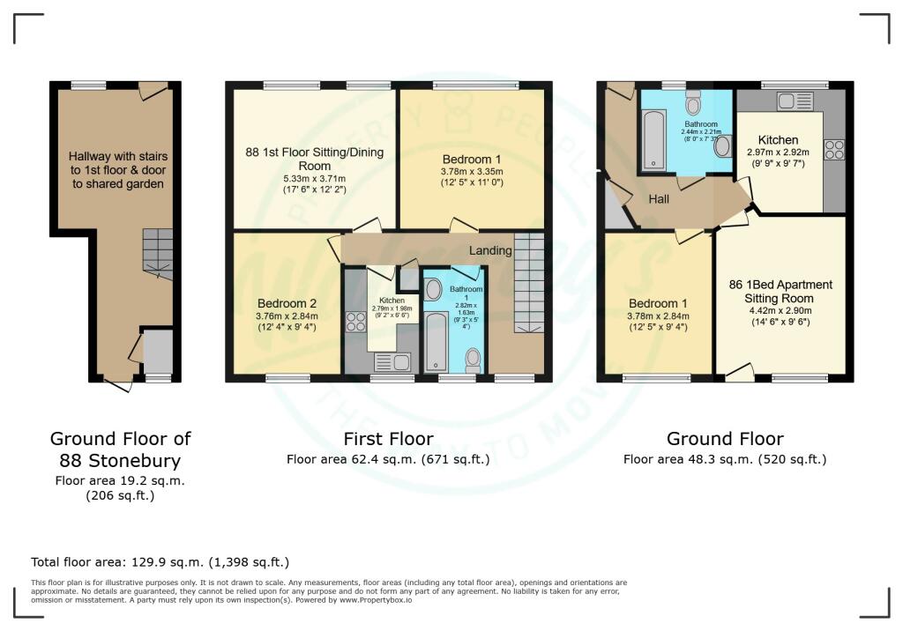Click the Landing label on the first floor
[490, 250]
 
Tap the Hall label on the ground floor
[659, 199]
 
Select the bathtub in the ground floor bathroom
[653, 138]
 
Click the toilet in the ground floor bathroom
[693, 104]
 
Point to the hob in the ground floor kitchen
[833, 151]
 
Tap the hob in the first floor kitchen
[356, 322]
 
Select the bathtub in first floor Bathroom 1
[435, 340]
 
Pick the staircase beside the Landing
[529, 282]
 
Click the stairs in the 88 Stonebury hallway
[159, 249]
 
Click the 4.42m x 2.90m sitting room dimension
[780, 310]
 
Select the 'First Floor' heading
[388, 439]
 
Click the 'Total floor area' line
[160, 561]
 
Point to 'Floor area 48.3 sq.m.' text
[724, 459]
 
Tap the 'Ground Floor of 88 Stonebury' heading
[120, 449]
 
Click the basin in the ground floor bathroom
[722, 145]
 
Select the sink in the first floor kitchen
[392, 361]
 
